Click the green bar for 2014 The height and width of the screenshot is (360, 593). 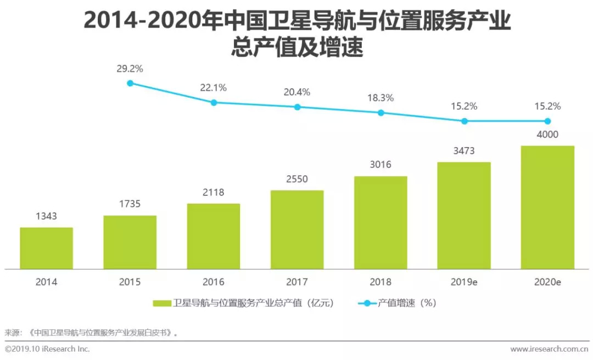[x=47, y=248]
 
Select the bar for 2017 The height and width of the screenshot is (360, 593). [x=297, y=229]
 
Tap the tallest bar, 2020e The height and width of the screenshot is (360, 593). [x=547, y=207]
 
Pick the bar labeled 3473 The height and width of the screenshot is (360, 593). [x=464, y=215]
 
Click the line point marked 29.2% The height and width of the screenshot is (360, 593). [x=130, y=83]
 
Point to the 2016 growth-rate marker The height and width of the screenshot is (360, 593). [x=214, y=102]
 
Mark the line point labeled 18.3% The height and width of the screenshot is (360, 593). [x=381, y=113]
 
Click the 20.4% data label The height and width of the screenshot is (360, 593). [x=297, y=92]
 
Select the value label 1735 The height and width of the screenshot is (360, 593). [x=130, y=204]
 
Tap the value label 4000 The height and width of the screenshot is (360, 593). [x=547, y=135]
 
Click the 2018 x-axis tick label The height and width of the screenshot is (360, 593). [x=381, y=282]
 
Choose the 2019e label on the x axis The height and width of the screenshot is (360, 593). [x=464, y=282]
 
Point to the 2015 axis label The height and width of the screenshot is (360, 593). [x=130, y=282]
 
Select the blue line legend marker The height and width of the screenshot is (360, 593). [x=367, y=303]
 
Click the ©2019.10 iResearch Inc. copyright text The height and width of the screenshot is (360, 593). [x=47, y=349]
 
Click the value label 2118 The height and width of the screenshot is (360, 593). [x=213, y=192]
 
